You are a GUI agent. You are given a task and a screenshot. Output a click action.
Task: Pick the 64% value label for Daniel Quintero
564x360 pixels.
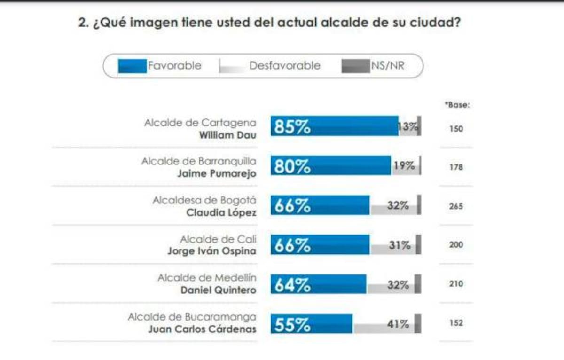[292, 285]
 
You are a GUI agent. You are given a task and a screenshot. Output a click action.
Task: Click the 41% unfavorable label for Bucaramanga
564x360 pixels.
[398, 324]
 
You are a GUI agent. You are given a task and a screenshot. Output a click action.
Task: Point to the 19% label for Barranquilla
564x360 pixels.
[404, 165]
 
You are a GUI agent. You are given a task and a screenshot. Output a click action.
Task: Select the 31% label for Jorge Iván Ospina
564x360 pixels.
[399, 245]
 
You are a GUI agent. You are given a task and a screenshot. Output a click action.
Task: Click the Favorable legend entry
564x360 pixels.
[160, 66]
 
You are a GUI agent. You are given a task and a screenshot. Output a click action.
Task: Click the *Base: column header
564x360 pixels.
[457, 105]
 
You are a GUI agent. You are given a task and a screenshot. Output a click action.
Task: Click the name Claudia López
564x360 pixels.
[221, 212]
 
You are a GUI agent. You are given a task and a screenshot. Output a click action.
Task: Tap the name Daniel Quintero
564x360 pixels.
[219, 290]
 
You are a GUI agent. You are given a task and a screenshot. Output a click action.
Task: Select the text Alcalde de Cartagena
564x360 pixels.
[200, 123]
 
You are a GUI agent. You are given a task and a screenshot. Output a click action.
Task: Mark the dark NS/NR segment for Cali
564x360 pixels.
[418, 244]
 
